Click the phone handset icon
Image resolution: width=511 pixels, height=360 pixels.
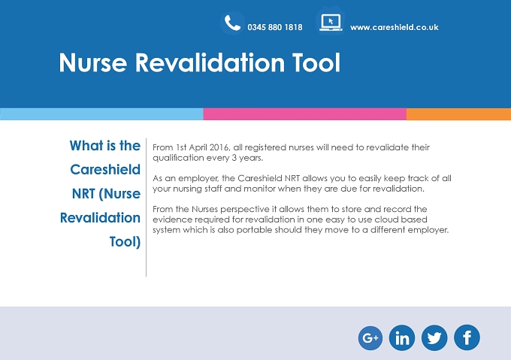pyautogui.click(x=232, y=23)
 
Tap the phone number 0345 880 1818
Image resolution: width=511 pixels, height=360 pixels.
pyautogui.click(x=275, y=27)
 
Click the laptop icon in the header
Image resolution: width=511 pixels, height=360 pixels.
pyautogui.click(x=331, y=23)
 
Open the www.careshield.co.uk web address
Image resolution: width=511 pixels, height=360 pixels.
pyautogui.click(x=395, y=27)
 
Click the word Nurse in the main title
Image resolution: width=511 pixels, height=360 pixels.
pyautogui.click(x=93, y=62)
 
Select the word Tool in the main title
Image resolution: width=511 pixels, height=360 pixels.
pyautogui.click(x=316, y=62)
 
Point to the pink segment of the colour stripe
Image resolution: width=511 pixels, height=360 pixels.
pyautogui.click(x=304, y=114)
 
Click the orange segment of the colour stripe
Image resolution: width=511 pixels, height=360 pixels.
pyautogui.click(x=458, y=114)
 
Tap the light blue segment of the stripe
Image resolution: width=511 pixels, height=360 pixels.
pyautogui.click(x=101, y=114)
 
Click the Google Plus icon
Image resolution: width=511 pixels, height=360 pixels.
pyautogui.click(x=370, y=338)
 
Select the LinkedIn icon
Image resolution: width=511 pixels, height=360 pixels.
pyautogui.click(x=402, y=338)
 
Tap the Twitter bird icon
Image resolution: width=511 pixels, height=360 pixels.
pyautogui.click(x=434, y=338)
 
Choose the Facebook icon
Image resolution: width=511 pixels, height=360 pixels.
pyautogui.click(x=467, y=338)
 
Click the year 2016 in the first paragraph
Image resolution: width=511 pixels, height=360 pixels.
pyautogui.click(x=219, y=147)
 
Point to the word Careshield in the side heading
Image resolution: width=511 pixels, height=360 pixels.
pyautogui.click(x=105, y=170)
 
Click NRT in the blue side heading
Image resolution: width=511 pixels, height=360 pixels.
pyautogui.click(x=83, y=194)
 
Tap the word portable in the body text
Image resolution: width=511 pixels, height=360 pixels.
pyautogui.click(x=254, y=230)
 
